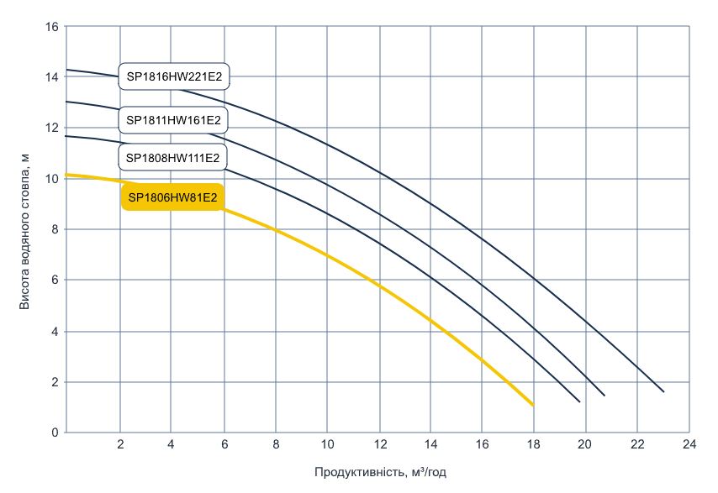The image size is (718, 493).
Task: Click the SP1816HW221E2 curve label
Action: coord(174,77)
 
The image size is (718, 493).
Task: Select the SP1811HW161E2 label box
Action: coord(174,121)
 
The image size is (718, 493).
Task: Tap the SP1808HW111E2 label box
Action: coord(173,157)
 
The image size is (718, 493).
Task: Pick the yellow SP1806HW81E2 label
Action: coord(173,198)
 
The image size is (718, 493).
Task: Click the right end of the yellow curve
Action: coord(532,405)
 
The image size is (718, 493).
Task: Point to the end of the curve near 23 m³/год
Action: coord(663,391)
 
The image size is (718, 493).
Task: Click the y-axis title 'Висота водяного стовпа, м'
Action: coord(24,230)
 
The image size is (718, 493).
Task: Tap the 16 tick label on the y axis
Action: coord(51,26)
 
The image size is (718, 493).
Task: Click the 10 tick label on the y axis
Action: coord(51,179)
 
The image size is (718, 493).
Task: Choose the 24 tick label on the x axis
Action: coord(689,444)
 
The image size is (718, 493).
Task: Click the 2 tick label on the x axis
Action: coord(119,444)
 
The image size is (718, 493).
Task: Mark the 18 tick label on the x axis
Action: coord(534,444)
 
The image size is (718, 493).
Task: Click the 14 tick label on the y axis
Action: coord(51,77)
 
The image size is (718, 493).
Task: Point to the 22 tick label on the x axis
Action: coord(637,444)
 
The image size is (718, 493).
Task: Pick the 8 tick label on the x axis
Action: coord(275,444)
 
